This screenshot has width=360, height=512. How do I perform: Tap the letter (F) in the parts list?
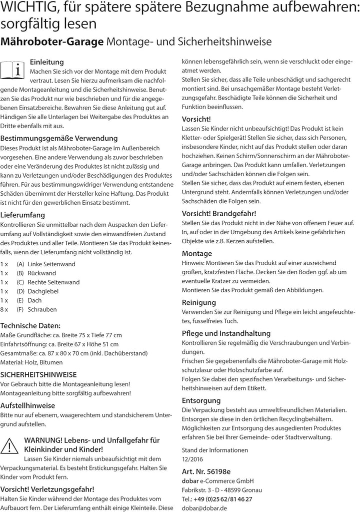[x=20, y=309]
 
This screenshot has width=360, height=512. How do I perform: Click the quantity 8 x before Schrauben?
[x=4, y=309]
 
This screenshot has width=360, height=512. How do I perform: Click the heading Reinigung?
[x=199, y=302]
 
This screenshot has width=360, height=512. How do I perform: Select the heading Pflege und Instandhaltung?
[x=226, y=333]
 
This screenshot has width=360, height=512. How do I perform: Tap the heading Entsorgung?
[x=201, y=400]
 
